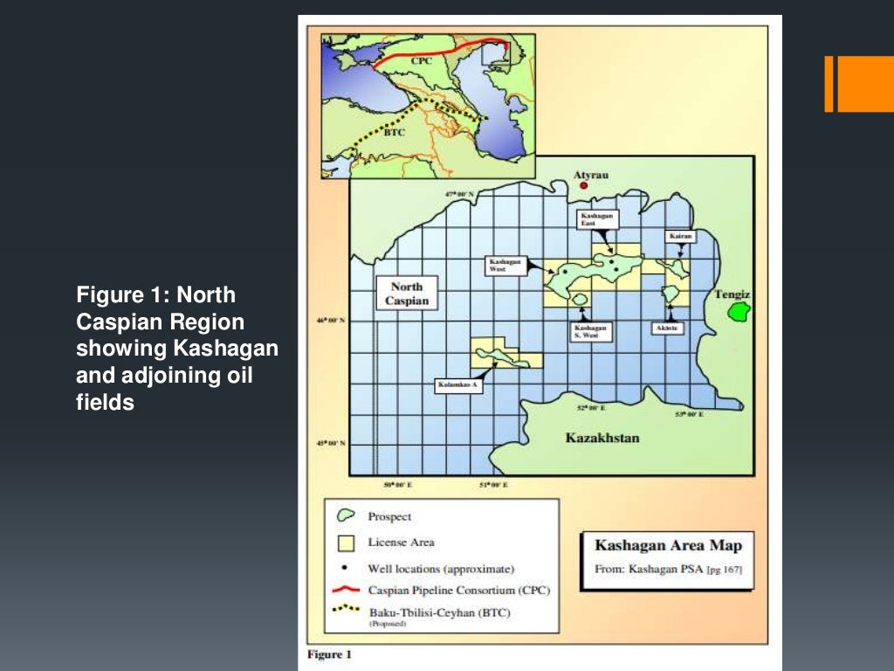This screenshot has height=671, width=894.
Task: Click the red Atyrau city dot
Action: pos(584,185)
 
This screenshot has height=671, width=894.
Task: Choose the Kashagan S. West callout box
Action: pos(588,332)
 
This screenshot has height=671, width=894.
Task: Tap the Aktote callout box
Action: pos(666,329)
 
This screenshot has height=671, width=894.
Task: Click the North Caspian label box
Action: pos(407,294)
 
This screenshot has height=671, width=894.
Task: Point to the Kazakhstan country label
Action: pos(602,437)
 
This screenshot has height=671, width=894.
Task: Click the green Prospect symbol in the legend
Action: pos(347,516)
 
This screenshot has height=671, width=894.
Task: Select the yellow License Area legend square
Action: pos(347,543)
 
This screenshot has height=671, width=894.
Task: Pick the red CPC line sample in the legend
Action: pos(347,590)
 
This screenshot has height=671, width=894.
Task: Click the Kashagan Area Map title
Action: pos(668,545)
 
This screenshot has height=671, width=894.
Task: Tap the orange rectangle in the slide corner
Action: pos(859,84)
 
